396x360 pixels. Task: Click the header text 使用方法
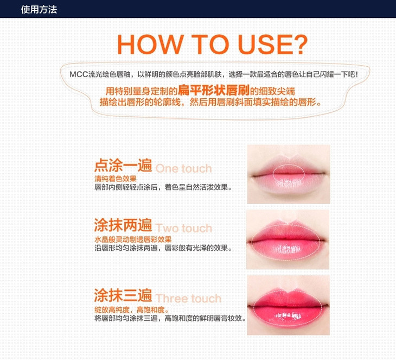(x=39, y=10)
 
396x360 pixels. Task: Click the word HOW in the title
(x=150, y=44)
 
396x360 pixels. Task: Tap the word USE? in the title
(x=273, y=44)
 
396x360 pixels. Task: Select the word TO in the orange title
(x=210, y=44)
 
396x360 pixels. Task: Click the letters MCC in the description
(x=79, y=74)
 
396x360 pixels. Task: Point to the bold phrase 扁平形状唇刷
(x=214, y=90)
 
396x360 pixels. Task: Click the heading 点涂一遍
(x=123, y=165)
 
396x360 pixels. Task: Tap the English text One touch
(x=183, y=168)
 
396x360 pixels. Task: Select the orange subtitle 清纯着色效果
(x=116, y=179)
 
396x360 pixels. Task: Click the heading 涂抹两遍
(x=123, y=225)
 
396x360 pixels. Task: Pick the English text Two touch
(x=183, y=228)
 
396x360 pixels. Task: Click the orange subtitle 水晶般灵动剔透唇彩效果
(x=133, y=239)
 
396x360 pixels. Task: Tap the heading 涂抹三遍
(x=123, y=295)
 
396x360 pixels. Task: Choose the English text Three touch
(x=188, y=298)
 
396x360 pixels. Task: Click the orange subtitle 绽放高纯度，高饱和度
(x=132, y=310)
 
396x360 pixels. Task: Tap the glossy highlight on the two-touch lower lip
(x=288, y=250)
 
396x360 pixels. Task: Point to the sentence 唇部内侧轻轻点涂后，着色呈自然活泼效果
(x=163, y=187)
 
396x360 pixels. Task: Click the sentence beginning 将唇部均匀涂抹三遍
(x=170, y=318)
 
